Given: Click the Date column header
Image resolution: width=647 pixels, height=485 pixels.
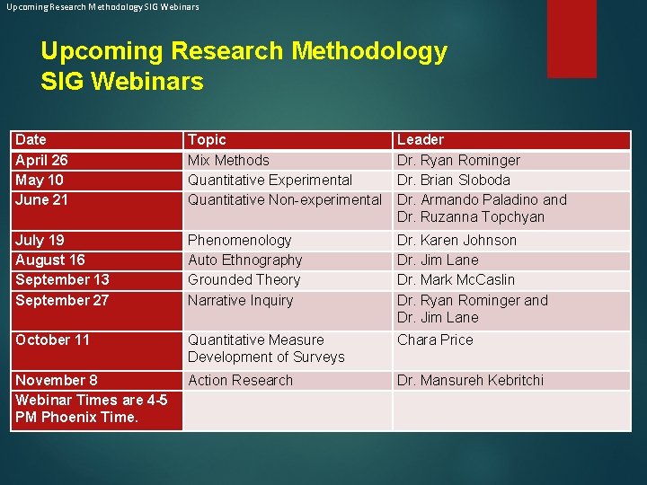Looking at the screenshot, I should coord(31,140).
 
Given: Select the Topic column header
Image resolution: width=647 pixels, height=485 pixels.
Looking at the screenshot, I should coord(207,140).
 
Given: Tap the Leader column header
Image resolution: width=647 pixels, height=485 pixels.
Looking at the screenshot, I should coord(421,140).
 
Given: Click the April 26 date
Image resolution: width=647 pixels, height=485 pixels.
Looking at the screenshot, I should coord(41,160).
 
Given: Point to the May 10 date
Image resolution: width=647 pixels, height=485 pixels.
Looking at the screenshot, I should coord(39,180).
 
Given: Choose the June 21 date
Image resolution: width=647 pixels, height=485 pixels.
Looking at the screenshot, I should coord(41,199).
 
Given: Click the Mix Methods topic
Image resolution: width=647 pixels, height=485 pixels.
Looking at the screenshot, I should coord(228,160).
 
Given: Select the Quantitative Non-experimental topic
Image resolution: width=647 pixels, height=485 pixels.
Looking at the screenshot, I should coord(285,199).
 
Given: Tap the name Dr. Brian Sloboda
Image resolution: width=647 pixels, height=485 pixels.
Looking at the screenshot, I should coord(454,180).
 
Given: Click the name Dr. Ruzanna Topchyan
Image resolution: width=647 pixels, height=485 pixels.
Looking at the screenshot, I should coord(471,216).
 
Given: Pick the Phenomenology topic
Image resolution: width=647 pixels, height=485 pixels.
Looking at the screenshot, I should coord(240,240).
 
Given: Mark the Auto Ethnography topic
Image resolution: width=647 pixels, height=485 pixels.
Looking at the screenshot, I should coord(245,260).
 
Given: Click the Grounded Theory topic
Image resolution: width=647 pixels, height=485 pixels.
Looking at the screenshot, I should coord(244,279).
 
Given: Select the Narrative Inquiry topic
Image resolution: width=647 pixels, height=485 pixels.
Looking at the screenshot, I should coord(241,300).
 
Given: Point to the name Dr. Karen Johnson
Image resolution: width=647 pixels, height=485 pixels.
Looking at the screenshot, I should coord(457,240).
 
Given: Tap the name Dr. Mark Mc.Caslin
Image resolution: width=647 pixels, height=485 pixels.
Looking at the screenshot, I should coord(456,279).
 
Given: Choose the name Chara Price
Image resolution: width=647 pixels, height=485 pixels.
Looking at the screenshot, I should coord(435,339).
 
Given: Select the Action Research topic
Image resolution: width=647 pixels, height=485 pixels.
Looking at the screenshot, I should coord(241,380).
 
